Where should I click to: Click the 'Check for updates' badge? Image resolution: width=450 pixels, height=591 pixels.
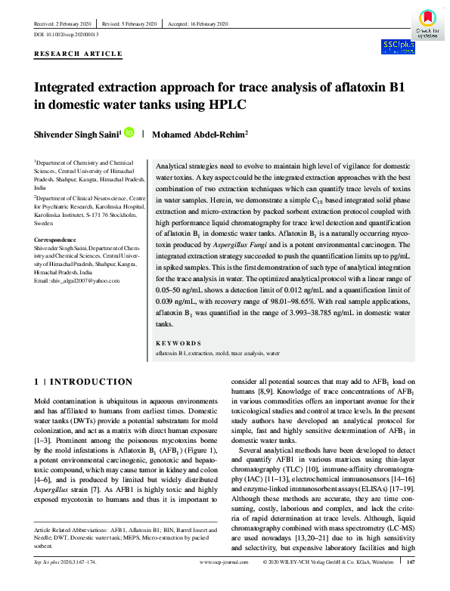pyautogui.click(x=424, y=22)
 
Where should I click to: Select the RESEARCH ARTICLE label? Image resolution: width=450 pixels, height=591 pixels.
pyautogui.click(x=78, y=54)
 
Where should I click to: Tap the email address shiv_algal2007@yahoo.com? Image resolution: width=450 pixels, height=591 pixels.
pyautogui.click(x=77, y=302)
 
